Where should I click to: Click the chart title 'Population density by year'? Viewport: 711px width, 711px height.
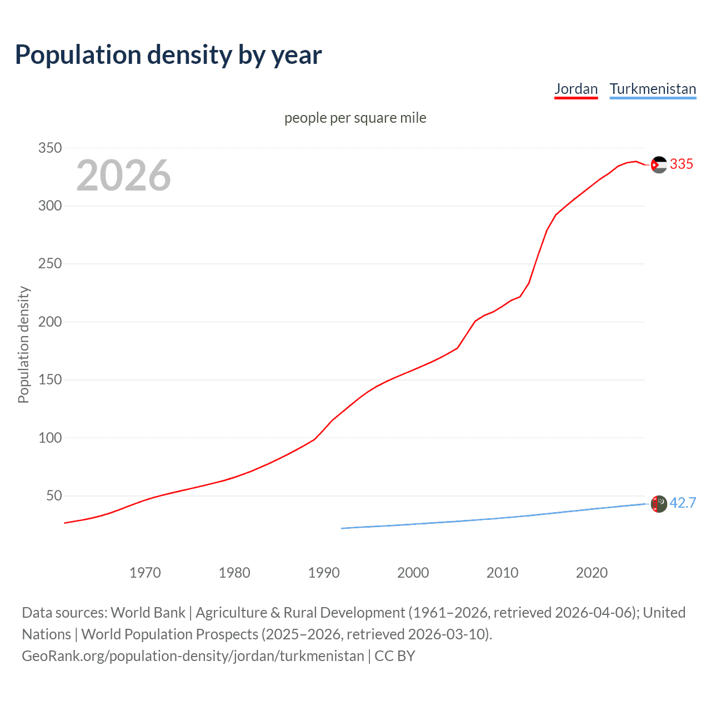pyautogui.click(x=168, y=54)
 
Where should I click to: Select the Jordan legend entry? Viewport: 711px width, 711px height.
pyautogui.click(x=576, y=89)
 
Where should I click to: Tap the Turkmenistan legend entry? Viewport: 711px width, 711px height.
pyautogui.click(x=653, y=89)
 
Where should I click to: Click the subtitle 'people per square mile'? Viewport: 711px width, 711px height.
pyautogui.click(x=355, y=118)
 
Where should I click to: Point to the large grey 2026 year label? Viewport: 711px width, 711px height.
pyautogui.click(x=123, y=176)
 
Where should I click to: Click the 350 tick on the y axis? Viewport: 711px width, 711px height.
pyautogui.click(x=49, y=148)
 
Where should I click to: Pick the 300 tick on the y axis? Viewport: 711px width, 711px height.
pyautogui.click(x=49, y=206)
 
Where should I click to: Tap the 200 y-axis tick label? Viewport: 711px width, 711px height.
pyautogui.click(x=49, y=322)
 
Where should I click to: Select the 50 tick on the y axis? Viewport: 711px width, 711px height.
pyautogui.click(x=54, y=495)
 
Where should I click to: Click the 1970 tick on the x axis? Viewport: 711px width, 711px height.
pyautogui.click(x=145, y=573)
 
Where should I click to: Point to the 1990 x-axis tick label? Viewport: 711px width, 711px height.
pyautogui.click(x=324, y=573)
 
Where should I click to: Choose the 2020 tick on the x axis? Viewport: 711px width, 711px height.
pyautogui.click(x=592, y=573)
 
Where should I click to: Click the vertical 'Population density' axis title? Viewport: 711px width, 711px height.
pyautogui.click(x=23, y=344)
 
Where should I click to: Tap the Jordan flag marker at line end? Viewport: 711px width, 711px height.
pyautogui.click(x=659, y=164)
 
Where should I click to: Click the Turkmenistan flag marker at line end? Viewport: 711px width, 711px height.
pyautogui.click(x=659, y=504)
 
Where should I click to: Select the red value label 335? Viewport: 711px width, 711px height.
pyautogui.click(x=682, y=164)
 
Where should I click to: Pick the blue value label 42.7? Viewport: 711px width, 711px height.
pyautogui.click(x=683, y=503)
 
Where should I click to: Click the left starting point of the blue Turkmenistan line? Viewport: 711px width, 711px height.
pyautogui.click(x=342, y=528)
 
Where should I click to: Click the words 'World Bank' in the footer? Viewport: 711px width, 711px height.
pyautogui.click(x=148, y=612)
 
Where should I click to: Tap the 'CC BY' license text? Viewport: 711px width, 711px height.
pyautogui.click(x=395, y=655)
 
